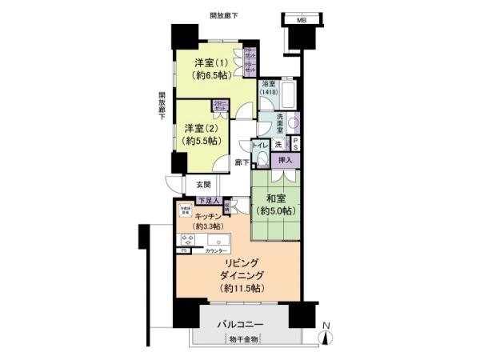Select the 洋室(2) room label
click(200, 128)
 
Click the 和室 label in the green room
click(278, 198)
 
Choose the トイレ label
click(259, 146)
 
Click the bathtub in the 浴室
click(290, 98)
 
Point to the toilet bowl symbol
click(261, 160)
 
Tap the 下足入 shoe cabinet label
click(207, 200)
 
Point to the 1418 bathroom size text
click(269, 92)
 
